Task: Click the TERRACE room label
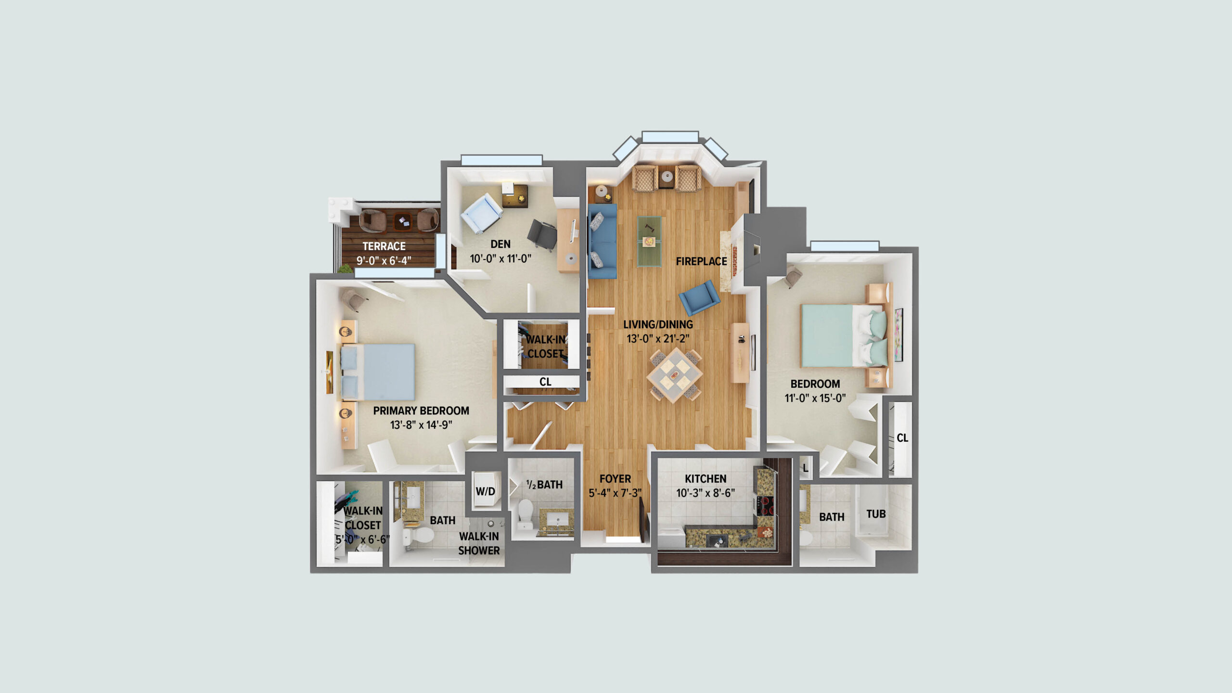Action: [x=384, y=246]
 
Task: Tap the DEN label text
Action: [x=500, y=244]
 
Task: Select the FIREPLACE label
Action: [x=701, y=261]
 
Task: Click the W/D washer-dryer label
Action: [x=485, y=491]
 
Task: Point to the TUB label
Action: [x=876, y=514]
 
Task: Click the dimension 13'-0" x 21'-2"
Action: [x=658, y=339]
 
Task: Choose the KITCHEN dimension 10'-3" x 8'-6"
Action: [x=706, y=493]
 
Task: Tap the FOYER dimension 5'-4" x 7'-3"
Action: [x=615, y=493]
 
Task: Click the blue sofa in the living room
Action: [x=602, y=241]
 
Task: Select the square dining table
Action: [x=674, y=375]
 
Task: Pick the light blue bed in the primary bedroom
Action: [x=377, y=372]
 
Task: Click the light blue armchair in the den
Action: [x=482, y=214]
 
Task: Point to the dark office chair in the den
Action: [x=542, y=235]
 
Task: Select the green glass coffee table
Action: [x=649, y=241]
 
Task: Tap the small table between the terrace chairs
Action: [x=403, y=222]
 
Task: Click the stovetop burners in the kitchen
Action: [x=765, y=506]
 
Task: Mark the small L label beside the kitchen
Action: [x=806, y=468]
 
